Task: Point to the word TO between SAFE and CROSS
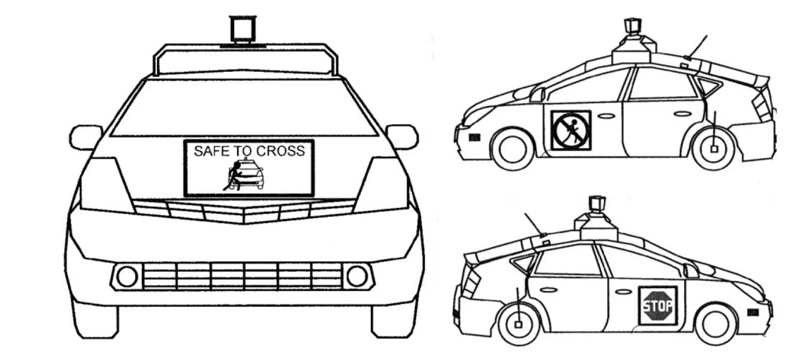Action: pos(244,151)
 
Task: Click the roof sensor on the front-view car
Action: pos(243,28)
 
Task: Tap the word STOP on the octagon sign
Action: pos(658,306)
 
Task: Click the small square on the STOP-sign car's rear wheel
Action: pos(518,324)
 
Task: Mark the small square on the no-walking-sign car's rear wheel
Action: pos(714,149)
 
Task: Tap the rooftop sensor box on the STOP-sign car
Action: pos(597,204)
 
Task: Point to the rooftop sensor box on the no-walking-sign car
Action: pos(632,27)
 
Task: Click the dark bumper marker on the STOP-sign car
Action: pos(753,313)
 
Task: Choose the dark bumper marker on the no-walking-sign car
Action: pos(475,137)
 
